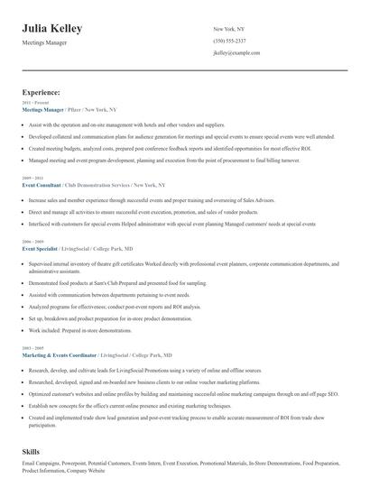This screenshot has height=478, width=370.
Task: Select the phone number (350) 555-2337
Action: coord(229,41)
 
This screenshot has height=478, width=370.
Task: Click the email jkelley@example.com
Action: coord(236,53)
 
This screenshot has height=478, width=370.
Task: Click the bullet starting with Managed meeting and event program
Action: coord(135,159)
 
